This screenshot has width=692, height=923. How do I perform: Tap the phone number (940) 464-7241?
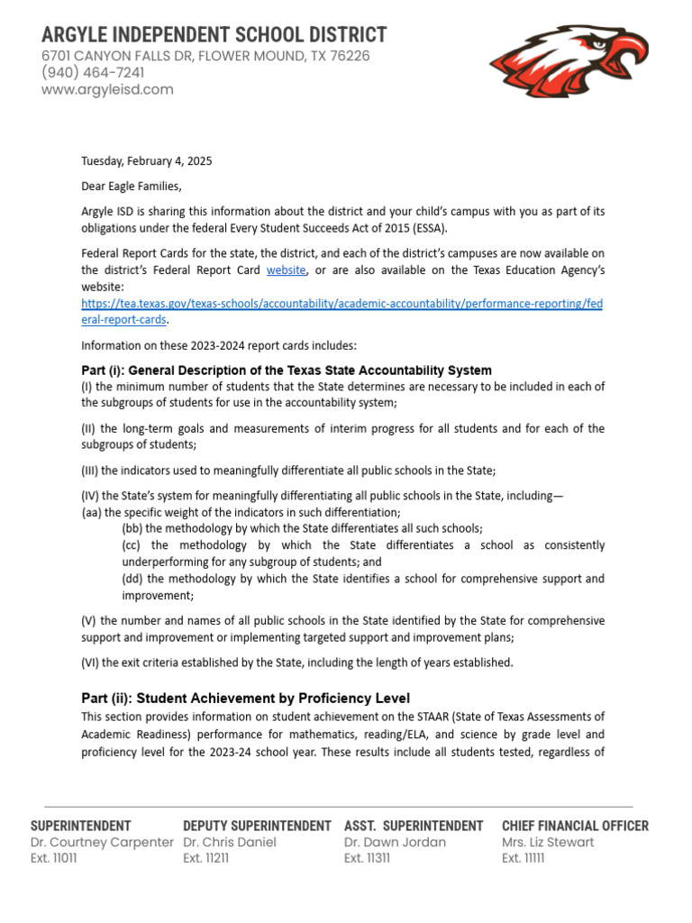click(x=93, y=73)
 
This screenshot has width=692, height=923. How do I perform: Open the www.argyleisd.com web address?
click(x=107, y=90)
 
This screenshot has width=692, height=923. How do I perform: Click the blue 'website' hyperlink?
click(x=287, y=270)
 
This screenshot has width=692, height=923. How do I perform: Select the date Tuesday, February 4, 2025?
click(x=147, y=161)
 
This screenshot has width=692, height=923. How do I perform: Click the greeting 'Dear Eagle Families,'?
click(x=132, y=187)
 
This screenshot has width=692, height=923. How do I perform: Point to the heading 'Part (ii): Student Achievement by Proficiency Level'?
click(x=245, y=699)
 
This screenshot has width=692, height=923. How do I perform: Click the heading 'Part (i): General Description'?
click(x=287, y=370)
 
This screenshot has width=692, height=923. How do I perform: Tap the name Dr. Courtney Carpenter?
click(x=102, y=842)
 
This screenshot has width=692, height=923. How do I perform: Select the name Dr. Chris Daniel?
click(x=229, y=842)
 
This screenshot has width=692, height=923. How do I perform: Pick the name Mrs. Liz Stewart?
click(x=548, y=842)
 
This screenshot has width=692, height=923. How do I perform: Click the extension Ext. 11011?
click(x=54, y=859)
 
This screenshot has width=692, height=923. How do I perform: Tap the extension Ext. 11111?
click(x=524, y=859)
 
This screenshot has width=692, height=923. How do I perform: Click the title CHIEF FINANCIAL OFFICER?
click(x=575, y=826)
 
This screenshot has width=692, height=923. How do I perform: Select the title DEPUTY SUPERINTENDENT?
click(x=257, y=826)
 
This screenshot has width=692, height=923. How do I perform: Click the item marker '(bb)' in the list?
click(x=132, y=528)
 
